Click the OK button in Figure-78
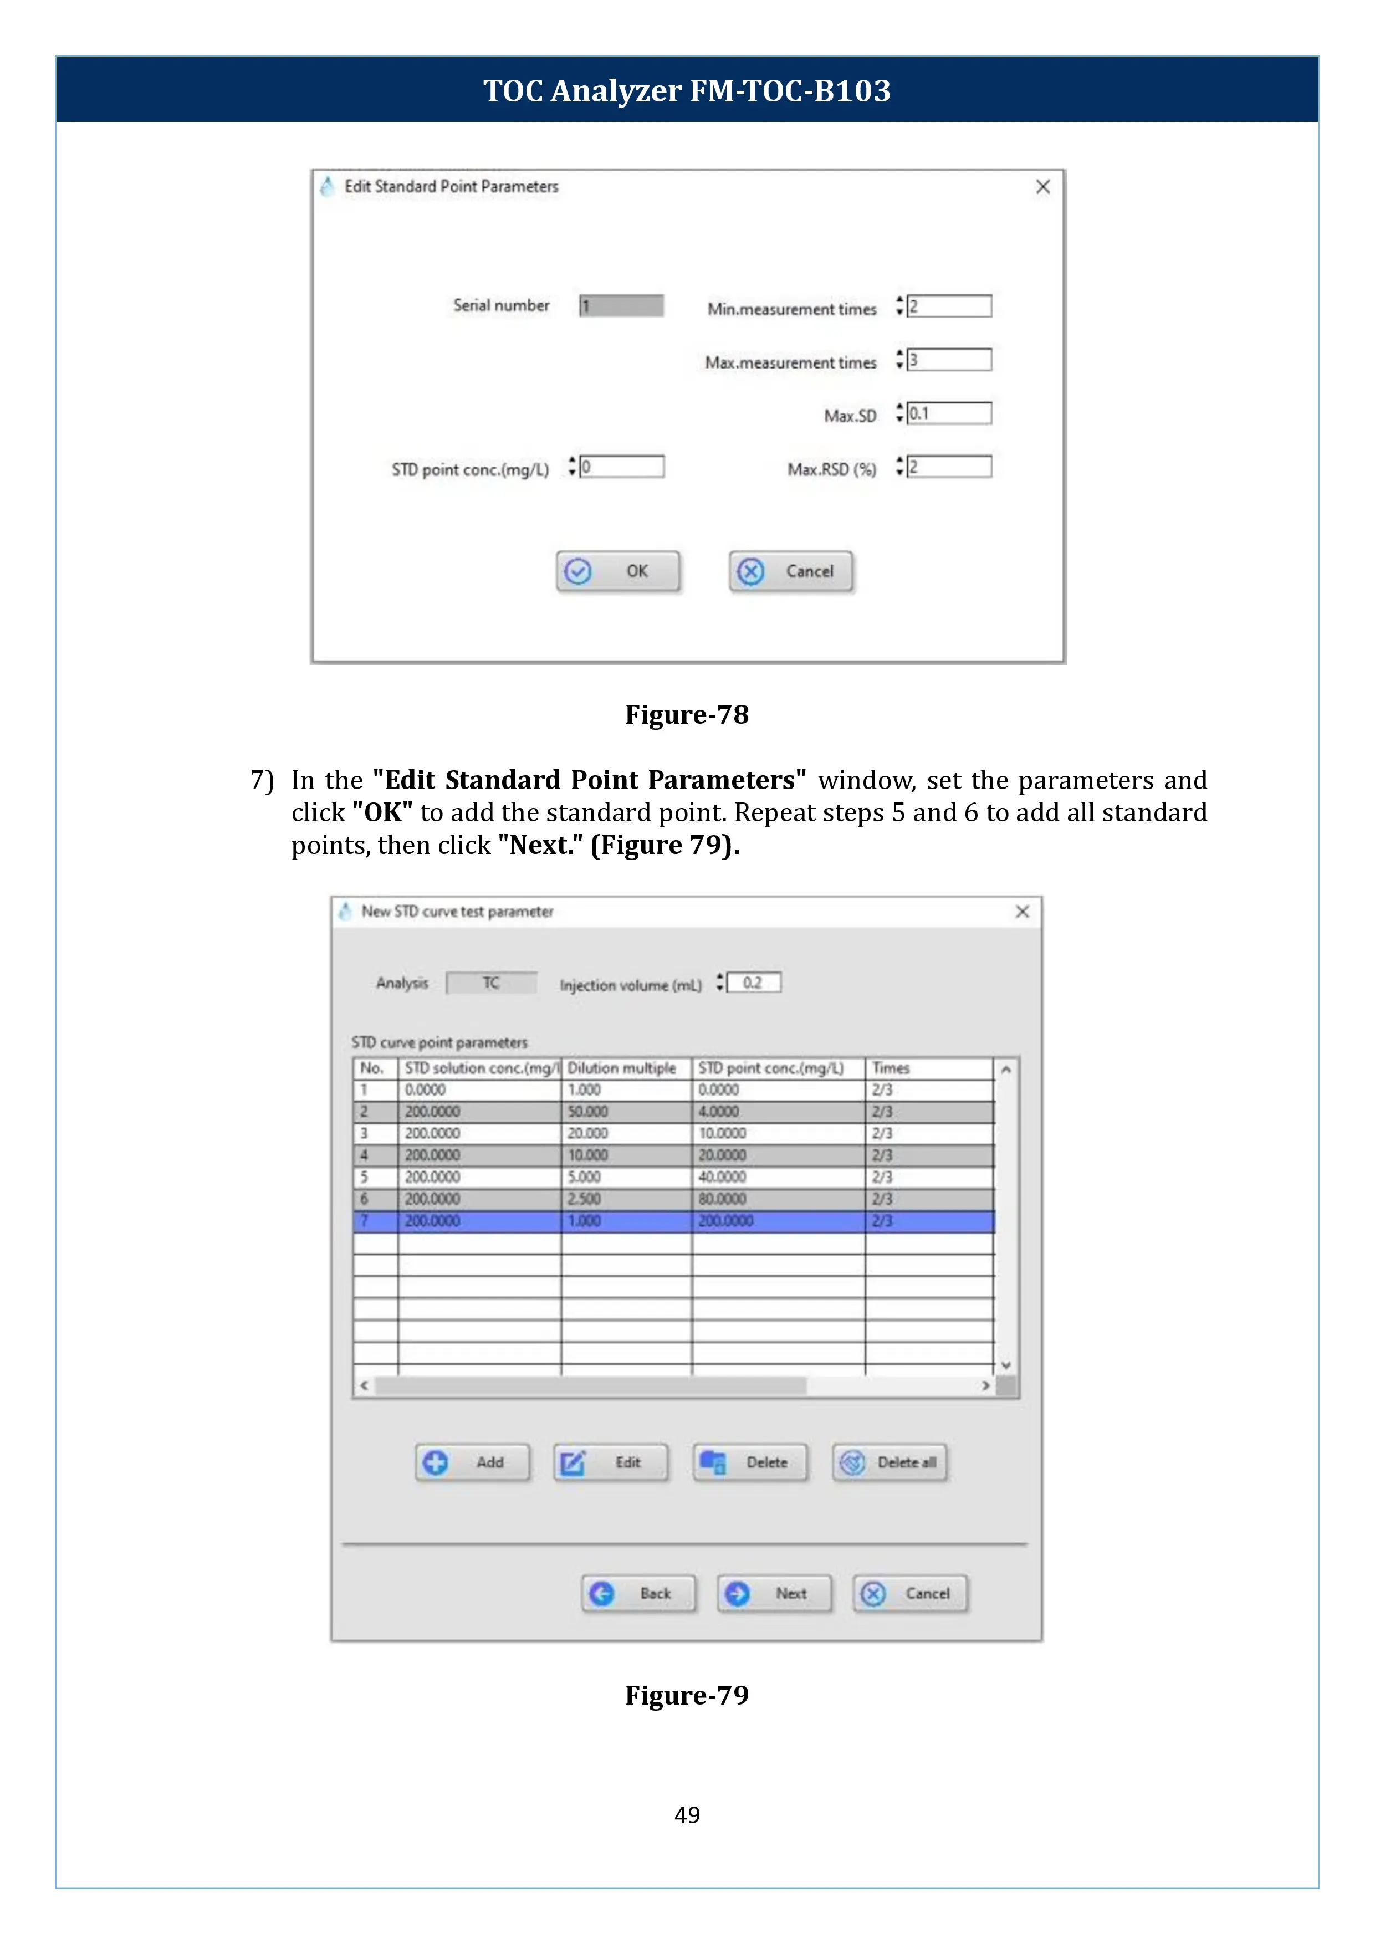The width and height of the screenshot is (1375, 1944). (x=617, y=571)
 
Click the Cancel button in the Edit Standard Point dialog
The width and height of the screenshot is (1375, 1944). (x=791, y=571)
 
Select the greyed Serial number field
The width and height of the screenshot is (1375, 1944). (x=621, y=306)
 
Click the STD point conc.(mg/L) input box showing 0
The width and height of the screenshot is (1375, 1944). (x=622, y=467)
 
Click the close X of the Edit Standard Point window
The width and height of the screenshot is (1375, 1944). (x=1042, y=187)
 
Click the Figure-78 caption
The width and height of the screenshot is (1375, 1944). (x=687, y=715)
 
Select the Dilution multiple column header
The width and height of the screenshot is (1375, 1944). (x=622, y=1068)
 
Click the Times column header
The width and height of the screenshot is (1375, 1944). (x=891, y=1068)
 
